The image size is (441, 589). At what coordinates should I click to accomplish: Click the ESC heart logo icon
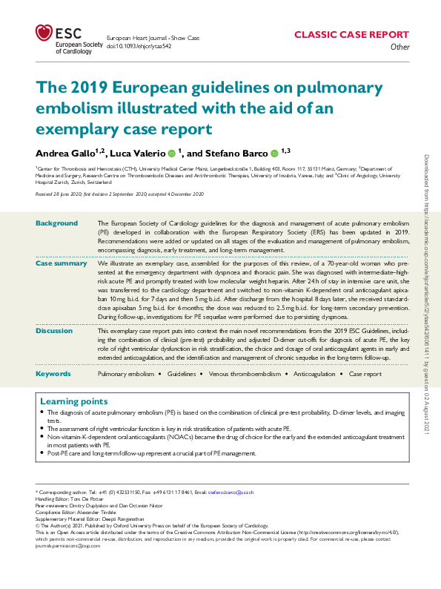click(44, 33)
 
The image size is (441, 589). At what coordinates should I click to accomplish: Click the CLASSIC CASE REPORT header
click(352, 35)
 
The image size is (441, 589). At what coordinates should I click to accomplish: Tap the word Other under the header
click(399, 47)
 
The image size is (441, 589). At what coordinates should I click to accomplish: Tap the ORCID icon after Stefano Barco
click(273, 154)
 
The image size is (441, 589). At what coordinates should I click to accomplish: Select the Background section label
click(56, 223)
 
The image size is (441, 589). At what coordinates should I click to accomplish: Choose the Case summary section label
click(62, 263)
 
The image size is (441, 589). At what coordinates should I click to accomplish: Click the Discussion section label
click(56, 331)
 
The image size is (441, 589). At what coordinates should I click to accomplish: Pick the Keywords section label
click(53, 374)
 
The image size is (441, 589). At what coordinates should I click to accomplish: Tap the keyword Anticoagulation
click(314, 375)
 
